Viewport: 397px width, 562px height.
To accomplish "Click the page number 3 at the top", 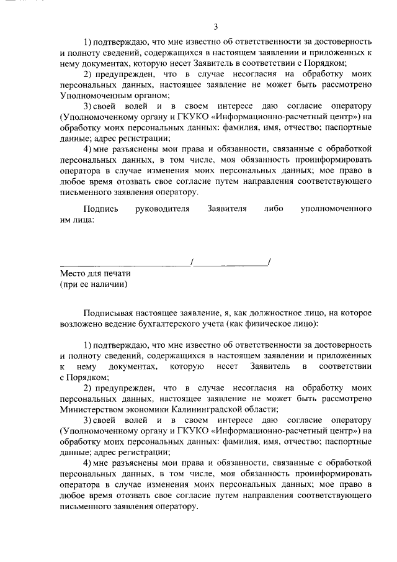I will click(x=215, y=26).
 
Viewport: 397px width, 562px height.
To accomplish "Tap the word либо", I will click(x=272, y=209).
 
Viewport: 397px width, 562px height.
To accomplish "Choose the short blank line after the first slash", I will click(x=231, y=263).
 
